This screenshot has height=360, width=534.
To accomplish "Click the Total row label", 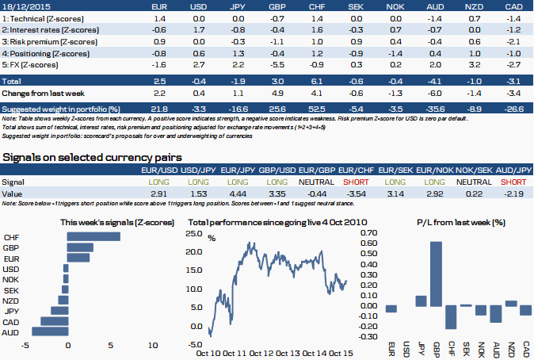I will (x=11, y=81).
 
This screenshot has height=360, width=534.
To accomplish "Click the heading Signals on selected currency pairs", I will (x=93, y=157).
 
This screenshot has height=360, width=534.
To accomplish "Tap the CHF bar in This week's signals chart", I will (x=93, y=237).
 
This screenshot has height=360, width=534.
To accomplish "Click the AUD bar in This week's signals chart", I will (x=49, y=331).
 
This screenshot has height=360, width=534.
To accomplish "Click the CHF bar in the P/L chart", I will (x=450, y=317).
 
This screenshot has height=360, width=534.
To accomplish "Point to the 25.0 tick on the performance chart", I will (x=194, y=234).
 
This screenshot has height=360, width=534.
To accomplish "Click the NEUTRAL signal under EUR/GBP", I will (x=315, y=182).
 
